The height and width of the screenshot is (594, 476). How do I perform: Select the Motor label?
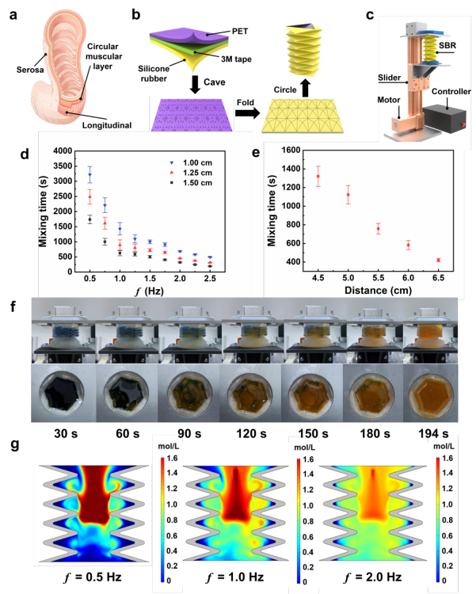pos(387,101)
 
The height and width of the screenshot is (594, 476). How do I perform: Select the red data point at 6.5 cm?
pos(438,260)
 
